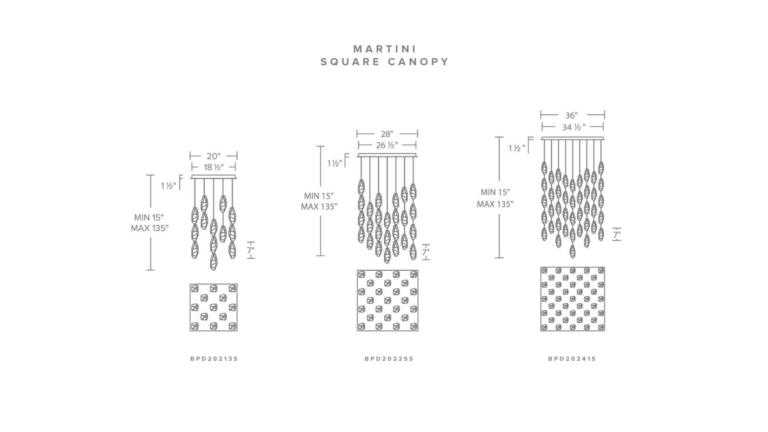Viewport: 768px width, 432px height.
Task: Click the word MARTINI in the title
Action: pos(385,49)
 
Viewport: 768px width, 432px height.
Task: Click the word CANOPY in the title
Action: pos(419,62)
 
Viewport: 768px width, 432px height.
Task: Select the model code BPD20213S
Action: pos(214,359)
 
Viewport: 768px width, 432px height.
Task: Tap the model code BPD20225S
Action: pos(389,359)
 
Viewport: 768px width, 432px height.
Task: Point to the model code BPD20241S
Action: pos(572,359)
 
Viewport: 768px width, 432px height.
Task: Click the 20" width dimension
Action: pos(213,156)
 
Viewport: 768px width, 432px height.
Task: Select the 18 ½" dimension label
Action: pos(213,167)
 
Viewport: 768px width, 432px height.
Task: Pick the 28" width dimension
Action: pos(387,134)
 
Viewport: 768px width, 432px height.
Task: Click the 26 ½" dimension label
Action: pos(387,145)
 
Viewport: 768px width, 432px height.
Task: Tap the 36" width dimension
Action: pos(571,115)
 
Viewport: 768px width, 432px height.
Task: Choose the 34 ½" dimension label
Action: pos(574,127)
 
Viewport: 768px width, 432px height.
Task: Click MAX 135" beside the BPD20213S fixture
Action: pos(150,228)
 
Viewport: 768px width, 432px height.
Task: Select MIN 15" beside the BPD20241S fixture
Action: pos(495,192)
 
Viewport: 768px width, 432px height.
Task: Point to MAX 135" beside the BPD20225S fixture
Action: pos(319,207)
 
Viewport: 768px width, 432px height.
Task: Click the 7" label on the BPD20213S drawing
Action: pos(250,251)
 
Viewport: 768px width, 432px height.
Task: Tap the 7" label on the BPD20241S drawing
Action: pos(617,235)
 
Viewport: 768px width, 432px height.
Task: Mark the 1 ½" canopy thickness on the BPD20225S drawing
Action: pos(335,163)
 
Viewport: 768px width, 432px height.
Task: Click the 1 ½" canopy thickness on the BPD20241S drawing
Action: pos(517,148)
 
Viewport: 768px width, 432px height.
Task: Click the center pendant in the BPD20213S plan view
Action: pos(213,307)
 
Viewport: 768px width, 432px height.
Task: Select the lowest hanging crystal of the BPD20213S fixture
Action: pos(213,261)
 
